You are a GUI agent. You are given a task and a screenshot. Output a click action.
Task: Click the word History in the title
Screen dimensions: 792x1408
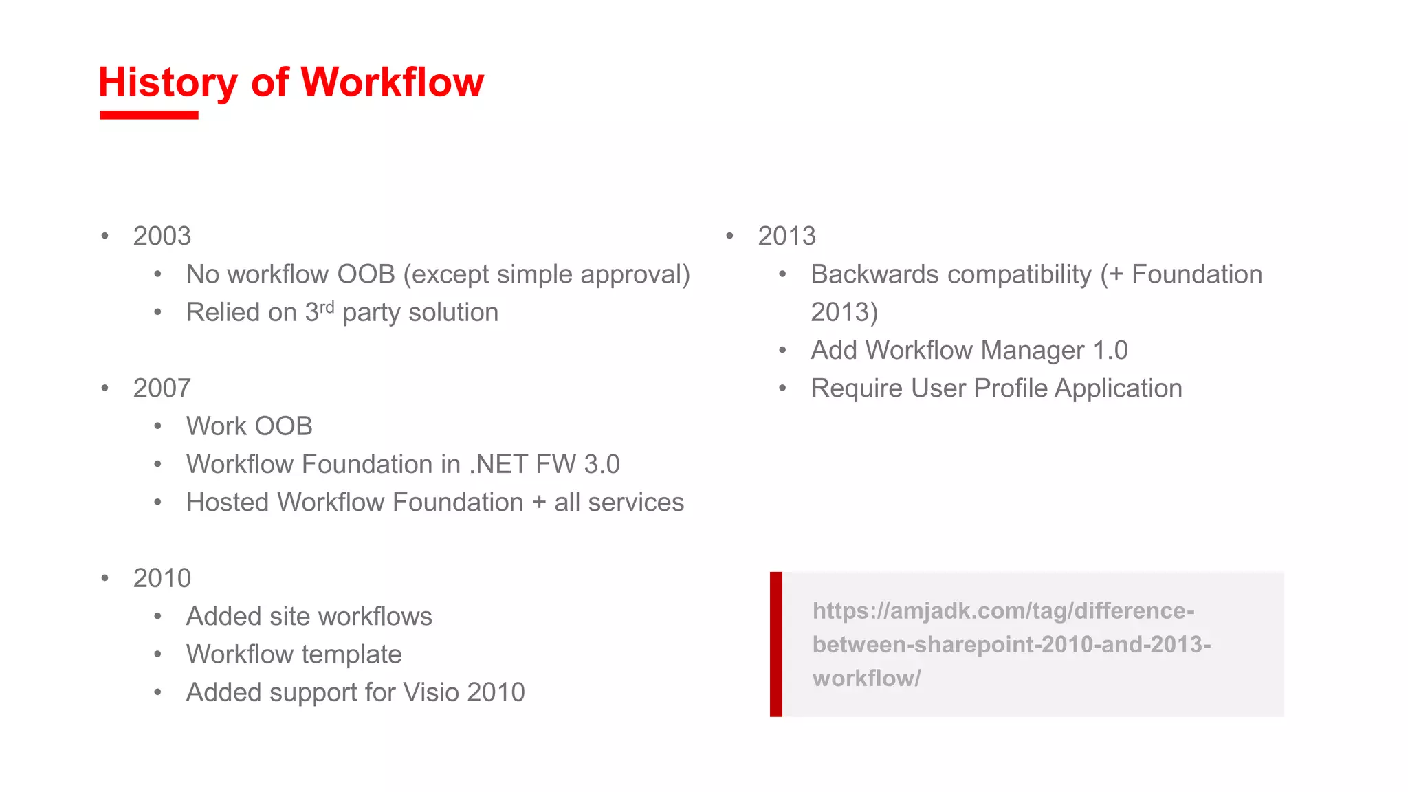(168, 82)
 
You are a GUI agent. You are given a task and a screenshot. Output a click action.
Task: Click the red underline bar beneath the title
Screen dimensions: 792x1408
(148, 115)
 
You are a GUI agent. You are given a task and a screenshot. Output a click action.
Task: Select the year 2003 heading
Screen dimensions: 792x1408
(162, 236)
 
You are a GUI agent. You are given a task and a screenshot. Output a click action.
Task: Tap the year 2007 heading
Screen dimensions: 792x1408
(162, 388)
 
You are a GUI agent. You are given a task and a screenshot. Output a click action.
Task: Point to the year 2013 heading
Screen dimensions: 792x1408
(786, 236)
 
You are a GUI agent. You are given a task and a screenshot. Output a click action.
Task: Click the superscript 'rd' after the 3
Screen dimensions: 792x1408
(327, 307)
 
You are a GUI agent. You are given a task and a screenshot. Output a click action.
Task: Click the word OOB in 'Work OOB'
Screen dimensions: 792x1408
(284, 426)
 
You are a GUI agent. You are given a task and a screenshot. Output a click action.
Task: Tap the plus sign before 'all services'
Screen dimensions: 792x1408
(539, 503)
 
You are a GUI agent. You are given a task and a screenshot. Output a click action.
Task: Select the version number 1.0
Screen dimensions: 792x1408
(1110, 351)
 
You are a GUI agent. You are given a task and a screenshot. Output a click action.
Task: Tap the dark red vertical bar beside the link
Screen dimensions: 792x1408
(775, 644)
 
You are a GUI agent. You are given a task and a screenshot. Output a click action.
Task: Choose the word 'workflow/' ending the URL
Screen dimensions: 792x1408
(866, 679)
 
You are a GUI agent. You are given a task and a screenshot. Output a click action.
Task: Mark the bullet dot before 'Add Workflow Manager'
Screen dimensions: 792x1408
(782, 351)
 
